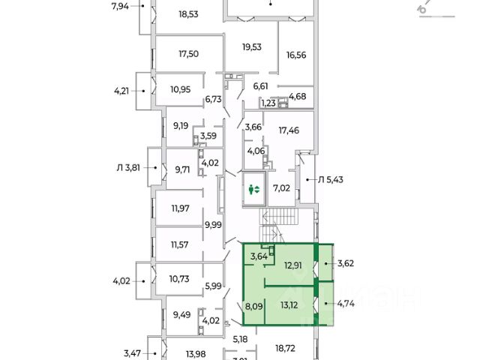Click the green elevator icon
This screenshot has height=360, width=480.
[254, 190]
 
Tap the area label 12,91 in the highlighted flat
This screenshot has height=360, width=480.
[293, 264]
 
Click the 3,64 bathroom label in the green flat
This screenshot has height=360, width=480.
[259, 256]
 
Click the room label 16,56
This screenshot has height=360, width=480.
[297, 54]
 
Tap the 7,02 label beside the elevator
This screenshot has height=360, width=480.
[282, 188]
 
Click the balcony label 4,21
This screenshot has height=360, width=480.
[122, 91]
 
